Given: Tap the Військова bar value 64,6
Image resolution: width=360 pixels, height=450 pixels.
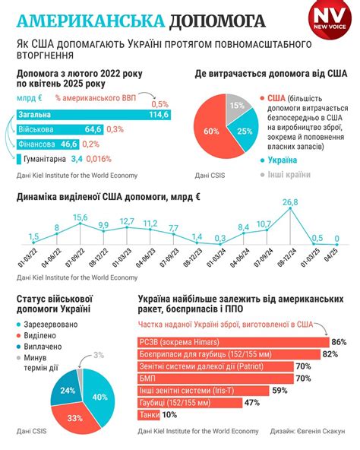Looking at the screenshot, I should [x=93, y=129].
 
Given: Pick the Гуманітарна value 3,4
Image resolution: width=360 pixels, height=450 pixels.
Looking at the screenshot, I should [x=77, y=158].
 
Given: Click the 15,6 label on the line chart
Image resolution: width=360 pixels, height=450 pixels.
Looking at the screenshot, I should [x=80, y=217].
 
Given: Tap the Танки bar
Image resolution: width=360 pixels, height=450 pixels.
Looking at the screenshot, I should [x=148, y=415].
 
